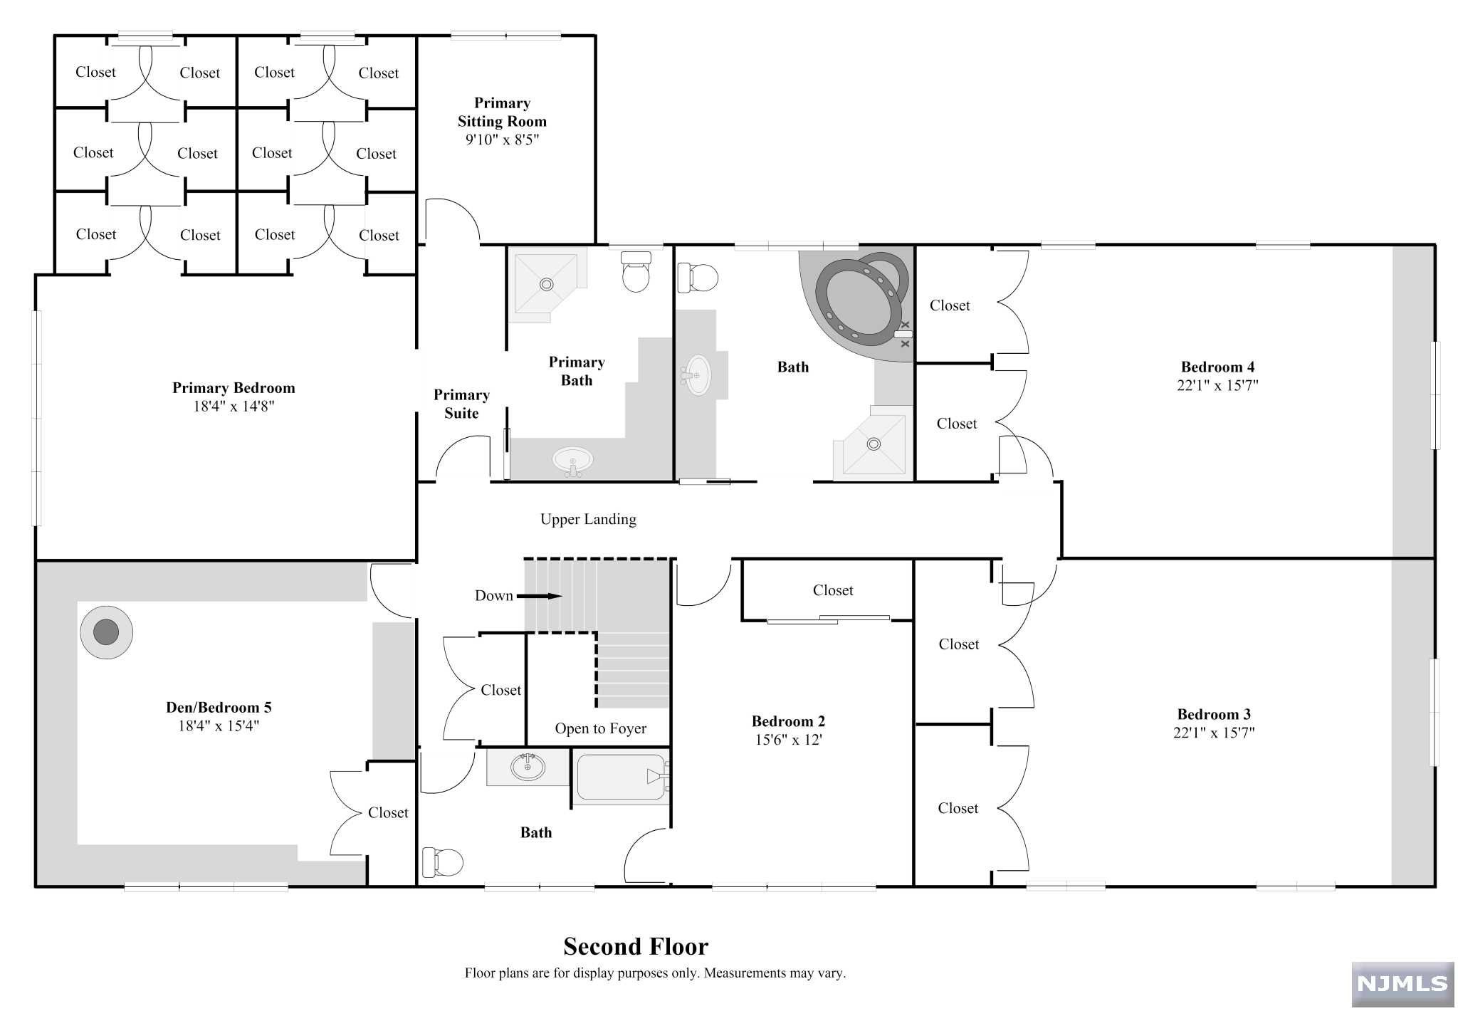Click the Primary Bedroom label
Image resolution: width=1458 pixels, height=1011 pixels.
tap(234, 388)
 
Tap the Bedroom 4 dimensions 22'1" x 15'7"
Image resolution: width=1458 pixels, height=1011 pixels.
tap(1217, 385)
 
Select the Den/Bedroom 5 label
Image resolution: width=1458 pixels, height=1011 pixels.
tap(219, 707)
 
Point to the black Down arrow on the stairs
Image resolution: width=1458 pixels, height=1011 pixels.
tap(539, 596)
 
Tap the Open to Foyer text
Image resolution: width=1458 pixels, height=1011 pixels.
tap(601, 728)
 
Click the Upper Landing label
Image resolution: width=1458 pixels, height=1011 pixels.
tap(588, 519)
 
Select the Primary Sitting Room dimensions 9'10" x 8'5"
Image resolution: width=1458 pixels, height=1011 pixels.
tap(502, 140)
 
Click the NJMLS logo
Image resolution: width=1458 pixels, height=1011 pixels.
tap(1402, 984)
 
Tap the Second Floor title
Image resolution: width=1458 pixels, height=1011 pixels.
tap(636, 946)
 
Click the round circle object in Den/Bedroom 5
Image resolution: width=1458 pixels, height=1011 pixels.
tap(106, 632)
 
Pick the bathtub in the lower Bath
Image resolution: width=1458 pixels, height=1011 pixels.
tap(622, 777)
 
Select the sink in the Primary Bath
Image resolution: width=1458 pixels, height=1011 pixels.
tap(572, 461)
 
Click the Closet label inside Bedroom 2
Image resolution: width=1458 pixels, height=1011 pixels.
tap(833, 590)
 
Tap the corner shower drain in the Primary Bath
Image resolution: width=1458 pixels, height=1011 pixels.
tap(546, 284)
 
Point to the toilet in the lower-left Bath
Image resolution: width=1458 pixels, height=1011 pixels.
tap(442, 862)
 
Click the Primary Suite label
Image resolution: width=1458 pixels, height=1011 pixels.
tap(461, 404)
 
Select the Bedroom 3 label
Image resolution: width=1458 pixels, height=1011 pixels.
tap(1214, 714)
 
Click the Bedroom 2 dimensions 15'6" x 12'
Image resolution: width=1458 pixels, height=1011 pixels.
tap(788, 740)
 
